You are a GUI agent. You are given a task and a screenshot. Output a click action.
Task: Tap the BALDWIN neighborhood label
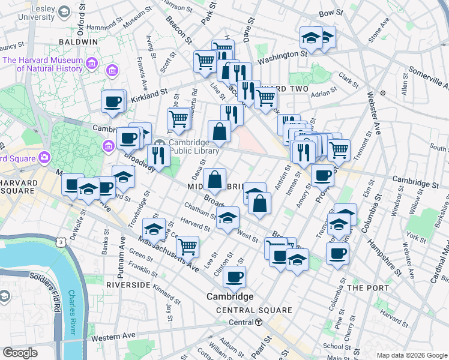(x=78, y=41)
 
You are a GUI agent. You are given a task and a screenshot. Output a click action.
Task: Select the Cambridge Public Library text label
(x=188, y=146)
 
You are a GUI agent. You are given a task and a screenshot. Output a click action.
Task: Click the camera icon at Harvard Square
(x=43, y=158)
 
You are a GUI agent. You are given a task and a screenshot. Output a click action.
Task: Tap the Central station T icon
(x=259, y=322)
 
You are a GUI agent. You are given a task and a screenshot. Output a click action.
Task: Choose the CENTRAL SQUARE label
(x=254, y=310)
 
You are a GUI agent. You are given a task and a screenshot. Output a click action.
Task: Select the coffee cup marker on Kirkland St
(x=112, y=103)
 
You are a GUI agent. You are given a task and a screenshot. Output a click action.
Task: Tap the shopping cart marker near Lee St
(x=188, y=245)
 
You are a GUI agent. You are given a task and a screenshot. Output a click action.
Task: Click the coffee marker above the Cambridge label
(x=234, y=277)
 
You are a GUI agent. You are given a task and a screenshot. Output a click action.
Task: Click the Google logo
(x=20, y=352)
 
